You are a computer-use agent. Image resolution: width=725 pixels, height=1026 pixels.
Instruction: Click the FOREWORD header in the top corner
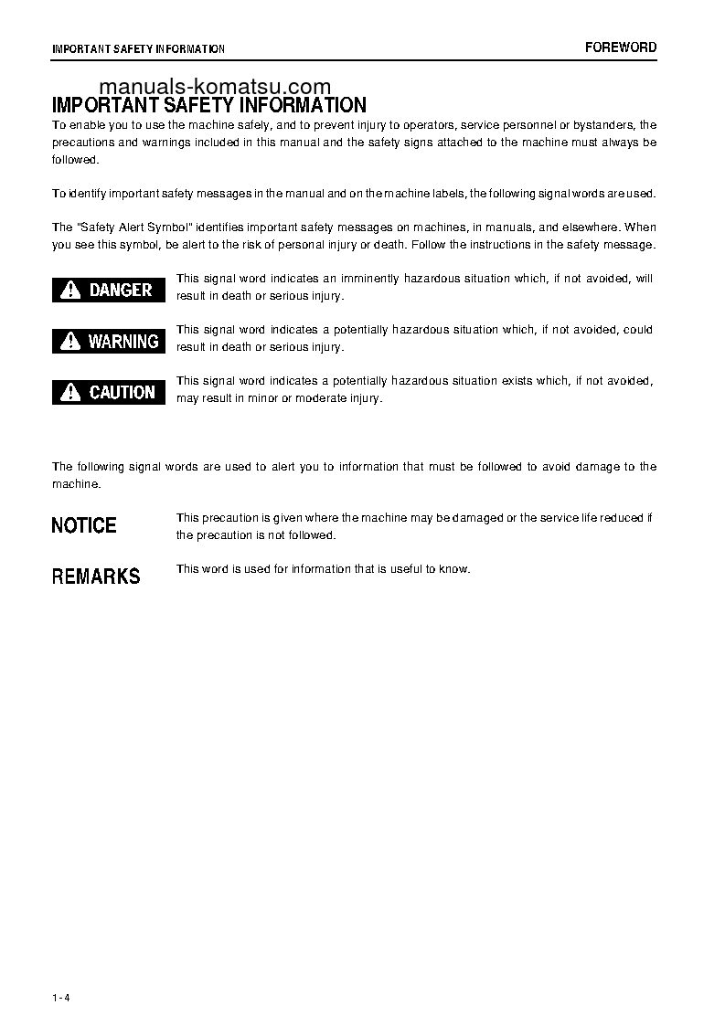click(621, 48)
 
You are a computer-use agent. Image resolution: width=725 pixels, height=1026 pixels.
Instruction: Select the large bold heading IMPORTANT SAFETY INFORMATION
click(209, 106)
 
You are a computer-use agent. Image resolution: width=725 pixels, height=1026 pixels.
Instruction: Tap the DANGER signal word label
click(109, 290)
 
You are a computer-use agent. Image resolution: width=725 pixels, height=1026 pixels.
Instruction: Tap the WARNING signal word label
click(109, 341)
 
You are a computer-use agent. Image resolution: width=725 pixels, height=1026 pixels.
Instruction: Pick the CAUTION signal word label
click(109, 392)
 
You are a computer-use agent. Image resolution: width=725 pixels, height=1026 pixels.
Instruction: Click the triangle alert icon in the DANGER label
click(70, 291)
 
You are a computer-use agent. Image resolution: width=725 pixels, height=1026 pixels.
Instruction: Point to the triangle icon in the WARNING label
click(70, 342)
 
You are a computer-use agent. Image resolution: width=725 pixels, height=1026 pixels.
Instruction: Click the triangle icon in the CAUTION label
click(70, 393)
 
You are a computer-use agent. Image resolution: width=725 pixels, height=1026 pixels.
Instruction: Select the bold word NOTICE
click(84, 525)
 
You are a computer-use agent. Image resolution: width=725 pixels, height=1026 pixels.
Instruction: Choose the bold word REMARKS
click(96, 576)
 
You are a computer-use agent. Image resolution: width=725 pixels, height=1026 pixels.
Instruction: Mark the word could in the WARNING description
click(637, 330)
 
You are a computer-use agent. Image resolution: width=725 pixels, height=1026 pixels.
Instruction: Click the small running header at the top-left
click(138, 48)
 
